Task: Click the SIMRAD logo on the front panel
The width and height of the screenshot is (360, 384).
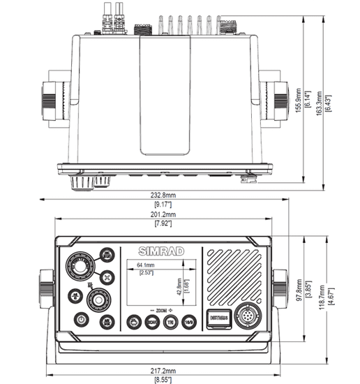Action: click(160, 251)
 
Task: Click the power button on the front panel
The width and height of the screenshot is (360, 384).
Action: click(82, 318)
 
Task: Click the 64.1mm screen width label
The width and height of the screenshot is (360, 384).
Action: click(145, 266)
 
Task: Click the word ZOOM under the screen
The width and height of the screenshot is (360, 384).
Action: click(160, 309)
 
